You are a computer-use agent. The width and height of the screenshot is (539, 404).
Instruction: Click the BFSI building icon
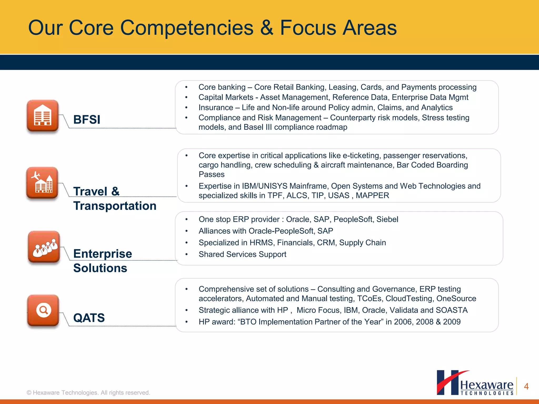42,115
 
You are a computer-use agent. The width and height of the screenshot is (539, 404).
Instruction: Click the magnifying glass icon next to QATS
43,310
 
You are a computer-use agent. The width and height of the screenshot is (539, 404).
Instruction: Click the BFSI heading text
87,120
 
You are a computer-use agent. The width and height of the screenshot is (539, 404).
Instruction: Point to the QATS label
89,318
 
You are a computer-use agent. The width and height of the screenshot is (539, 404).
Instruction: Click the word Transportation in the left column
115,206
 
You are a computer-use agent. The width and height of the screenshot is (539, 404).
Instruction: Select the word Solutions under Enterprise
100,268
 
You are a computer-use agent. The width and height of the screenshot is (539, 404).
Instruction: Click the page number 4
526,386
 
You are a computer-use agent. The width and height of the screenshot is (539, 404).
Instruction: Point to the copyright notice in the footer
88,392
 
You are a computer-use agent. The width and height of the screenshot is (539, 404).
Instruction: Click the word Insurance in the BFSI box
216,108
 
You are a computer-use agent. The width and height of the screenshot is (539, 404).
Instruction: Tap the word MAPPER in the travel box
372,195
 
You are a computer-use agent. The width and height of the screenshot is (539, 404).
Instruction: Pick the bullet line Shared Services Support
242,254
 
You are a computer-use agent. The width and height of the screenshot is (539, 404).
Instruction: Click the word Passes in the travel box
212,174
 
